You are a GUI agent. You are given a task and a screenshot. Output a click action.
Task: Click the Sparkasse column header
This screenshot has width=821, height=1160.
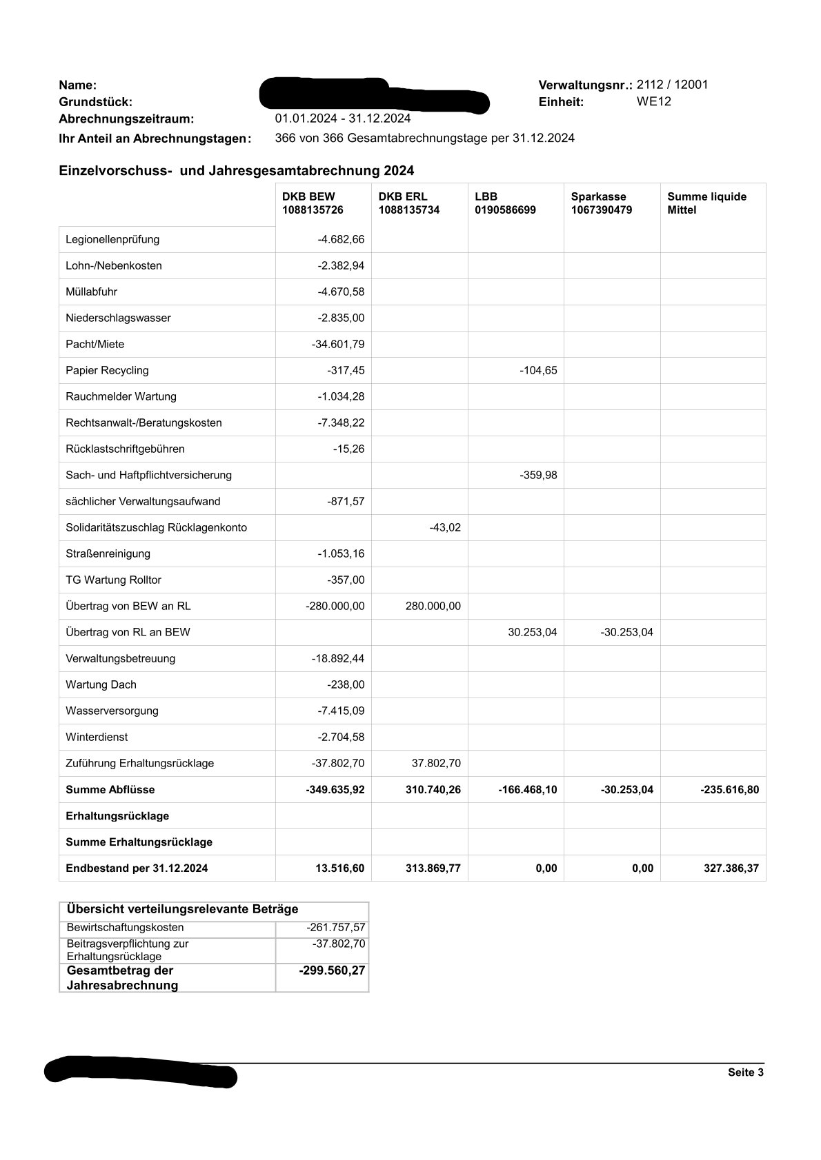(x=601, y=203)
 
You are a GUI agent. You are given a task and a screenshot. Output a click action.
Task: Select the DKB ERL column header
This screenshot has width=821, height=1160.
(x=408, y=203)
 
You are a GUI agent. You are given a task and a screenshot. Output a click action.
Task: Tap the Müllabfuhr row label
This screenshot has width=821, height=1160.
(x=91, y=292)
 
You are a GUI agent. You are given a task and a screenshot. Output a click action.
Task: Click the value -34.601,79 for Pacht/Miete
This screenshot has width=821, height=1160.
(x=338, y=344)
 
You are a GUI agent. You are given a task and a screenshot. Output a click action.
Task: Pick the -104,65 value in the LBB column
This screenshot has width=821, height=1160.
(x=538, y=370)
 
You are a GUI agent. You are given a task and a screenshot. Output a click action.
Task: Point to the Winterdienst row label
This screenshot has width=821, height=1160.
(x=97, y=737)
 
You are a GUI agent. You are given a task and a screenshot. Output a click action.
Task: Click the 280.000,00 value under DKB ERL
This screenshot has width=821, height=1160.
(x=433, y=606)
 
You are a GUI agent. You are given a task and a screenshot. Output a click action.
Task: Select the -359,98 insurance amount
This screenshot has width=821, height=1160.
(x=538, y=475)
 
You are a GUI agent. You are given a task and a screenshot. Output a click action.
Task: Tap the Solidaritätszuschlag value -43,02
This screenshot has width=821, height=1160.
(x=444, y=527)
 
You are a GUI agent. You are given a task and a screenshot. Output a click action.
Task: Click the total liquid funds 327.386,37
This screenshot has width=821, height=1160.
(x=731, y=868)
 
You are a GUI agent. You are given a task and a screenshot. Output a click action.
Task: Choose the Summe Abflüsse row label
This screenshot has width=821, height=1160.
(x=110, y=789)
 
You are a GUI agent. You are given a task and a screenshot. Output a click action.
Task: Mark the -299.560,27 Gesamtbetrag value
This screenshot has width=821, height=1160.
(x=332, y=970)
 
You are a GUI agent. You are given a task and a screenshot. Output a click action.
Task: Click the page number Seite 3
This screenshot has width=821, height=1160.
(x=745, y=1072)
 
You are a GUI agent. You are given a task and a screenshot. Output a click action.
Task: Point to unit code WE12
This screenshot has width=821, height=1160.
(x=653, y=101)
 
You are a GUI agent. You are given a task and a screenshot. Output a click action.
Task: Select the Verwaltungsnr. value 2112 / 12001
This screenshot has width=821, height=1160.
(x=672, y=85)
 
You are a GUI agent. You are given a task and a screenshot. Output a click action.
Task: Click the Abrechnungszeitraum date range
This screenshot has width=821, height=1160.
(x=342, y=119)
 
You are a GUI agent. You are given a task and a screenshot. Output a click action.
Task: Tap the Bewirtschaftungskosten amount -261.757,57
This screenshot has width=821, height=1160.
(x=335, y=928)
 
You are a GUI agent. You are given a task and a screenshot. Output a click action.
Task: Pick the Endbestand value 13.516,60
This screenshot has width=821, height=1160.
(x=339, y=868)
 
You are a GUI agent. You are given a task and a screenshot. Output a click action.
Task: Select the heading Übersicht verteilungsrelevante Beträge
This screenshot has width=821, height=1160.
(x=182, y=909)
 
